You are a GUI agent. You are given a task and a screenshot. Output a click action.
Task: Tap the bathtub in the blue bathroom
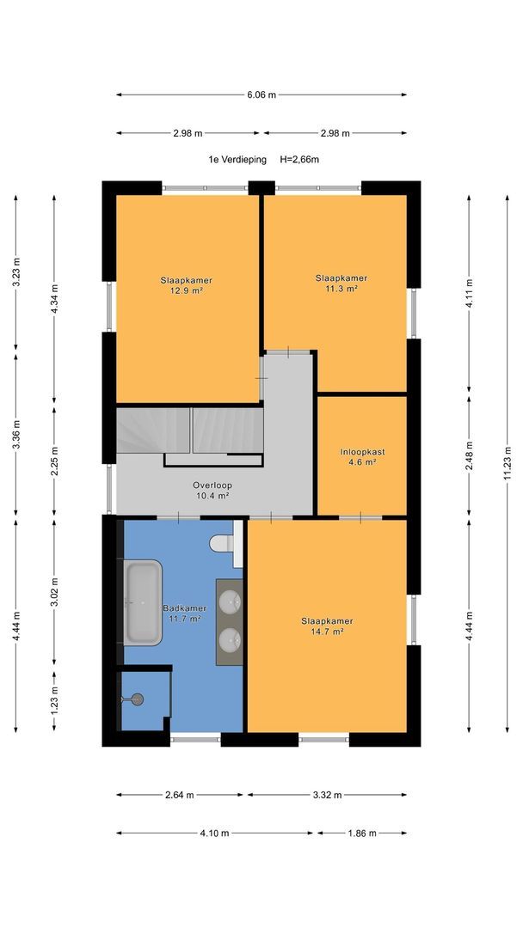[142, 602]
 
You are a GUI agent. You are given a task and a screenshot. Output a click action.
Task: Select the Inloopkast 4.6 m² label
[362, 457]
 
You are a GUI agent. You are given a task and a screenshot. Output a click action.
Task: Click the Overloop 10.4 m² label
[212, 491]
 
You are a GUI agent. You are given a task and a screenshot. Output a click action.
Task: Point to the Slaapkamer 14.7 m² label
[327, 626]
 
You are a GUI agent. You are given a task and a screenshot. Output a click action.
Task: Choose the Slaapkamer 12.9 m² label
[186, 285]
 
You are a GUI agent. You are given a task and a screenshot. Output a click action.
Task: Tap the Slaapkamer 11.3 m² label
[341, 283]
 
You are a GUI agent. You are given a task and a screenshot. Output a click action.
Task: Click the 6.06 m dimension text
[261, 95]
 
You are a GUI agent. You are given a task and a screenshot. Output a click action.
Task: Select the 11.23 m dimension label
[507, 464]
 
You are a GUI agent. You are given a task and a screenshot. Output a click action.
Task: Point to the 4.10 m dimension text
[214, 833]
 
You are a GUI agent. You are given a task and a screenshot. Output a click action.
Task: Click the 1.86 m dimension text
[362, 833]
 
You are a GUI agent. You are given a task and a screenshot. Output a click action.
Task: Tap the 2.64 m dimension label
[180, 796]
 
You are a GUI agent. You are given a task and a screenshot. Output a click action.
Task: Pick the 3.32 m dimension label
[327, 796]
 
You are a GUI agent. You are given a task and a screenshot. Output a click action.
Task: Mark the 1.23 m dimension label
[54, 701]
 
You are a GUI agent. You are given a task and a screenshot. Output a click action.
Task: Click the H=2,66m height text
[299, 159]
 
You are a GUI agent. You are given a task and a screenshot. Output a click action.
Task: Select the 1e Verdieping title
[237, 159]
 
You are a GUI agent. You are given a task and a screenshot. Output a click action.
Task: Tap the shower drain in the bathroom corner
[138, 699]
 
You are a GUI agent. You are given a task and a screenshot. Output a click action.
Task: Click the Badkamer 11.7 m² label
[184, 614]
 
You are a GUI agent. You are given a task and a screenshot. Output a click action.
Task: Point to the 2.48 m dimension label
[469, 455]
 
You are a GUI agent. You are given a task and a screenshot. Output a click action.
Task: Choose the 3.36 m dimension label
[16, 435]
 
